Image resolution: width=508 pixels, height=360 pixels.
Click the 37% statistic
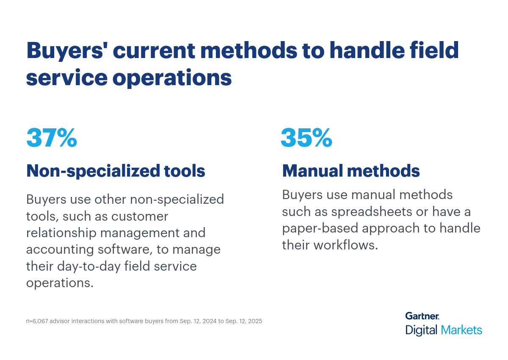point(52,138)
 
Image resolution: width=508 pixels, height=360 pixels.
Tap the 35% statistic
point(306,138)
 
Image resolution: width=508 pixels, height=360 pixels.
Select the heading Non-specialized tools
point(116,171)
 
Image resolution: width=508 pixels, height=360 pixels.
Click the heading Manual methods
point(351,171)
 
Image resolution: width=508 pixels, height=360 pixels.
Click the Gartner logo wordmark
point(422,316)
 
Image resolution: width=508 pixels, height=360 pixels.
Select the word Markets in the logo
point(461,330)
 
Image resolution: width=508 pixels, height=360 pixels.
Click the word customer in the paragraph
point(140,216)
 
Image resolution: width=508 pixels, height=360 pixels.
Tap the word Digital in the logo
point(422,330)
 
